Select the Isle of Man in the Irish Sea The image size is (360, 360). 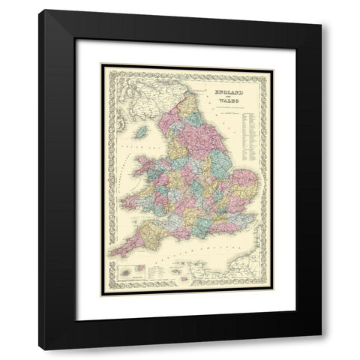141,132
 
